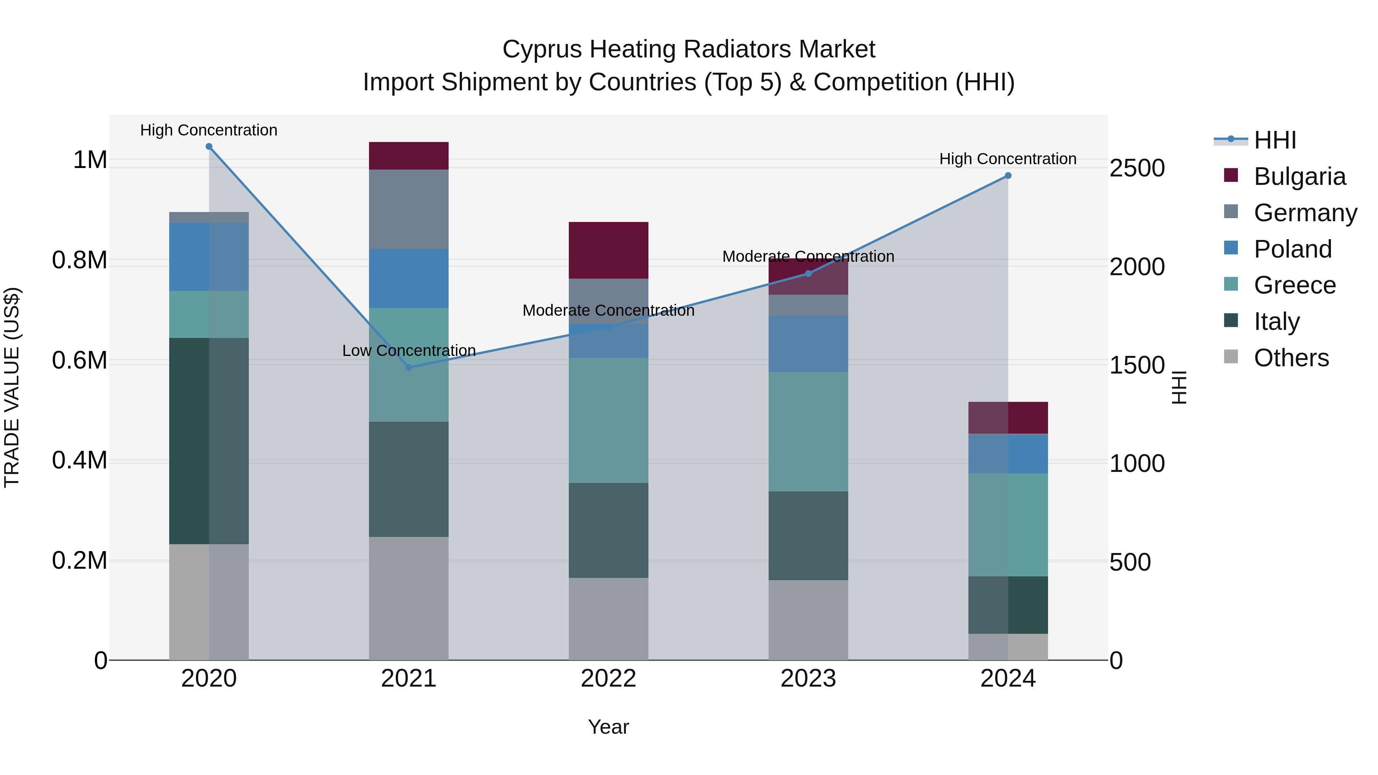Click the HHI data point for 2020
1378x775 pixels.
(x=209, y=147)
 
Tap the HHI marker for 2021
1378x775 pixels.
(x=409, y=367)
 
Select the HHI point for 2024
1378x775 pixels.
(x=1008, y=175)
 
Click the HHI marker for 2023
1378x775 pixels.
(x=808, y=274)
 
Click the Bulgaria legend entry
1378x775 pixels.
(x=1300, y=176)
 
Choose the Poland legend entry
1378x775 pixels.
(x=1292, y=249)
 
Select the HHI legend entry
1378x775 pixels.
(x=1275, y=140)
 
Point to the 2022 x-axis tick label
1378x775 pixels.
(x=608, y=679)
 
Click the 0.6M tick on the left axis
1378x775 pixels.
(x=80, y=361)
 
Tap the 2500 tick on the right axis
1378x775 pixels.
(x=1137, y=168)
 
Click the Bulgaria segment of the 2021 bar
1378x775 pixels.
(x=409, y=156)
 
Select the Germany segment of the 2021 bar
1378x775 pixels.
(x=409, y=209)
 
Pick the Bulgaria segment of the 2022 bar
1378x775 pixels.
(x=608, y=250)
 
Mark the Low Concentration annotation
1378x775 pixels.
(x=409, y=351)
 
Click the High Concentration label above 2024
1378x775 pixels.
(x=1008, y=159)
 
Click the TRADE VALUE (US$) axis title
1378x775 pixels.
(x=12, y=387)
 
